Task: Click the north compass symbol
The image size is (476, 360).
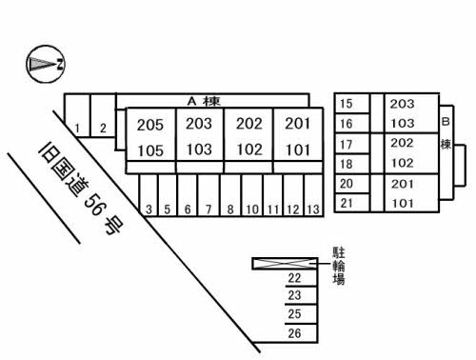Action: click(x=46, y=64)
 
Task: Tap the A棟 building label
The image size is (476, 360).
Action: click(x=204, y=101)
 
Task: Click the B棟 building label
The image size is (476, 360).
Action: click(x=446, y=133)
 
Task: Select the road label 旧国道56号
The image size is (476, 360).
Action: click(x=81, y=190)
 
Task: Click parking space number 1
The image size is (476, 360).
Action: click(x=77, y=129)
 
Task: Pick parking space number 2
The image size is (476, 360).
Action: click(x=103, y=129)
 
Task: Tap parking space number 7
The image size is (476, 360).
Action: click(x=208, y=210)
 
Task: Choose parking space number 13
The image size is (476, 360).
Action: click(x=313, y=210)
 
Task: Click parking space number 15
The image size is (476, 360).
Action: click(x=346, y=104)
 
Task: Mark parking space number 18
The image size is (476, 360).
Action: click(x=346, y=164)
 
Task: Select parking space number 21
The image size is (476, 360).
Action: click(x=346, y=203)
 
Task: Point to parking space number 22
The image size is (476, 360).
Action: click(x=294, y=278)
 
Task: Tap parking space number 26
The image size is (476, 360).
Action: click(x=294, y=333)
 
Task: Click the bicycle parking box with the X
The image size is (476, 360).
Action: click(x=285, y=264)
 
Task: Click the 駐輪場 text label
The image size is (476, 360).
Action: click(x=339, y=266)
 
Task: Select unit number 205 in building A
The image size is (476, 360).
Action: click(x=150, y=125)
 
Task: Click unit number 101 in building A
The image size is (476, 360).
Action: click(x=298, y=150)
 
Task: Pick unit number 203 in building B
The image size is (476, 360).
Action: click(x=402, y=104)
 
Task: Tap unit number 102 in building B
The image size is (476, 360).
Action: click(x=402, y=163)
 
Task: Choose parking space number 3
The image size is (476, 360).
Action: click(x=149, y=210)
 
